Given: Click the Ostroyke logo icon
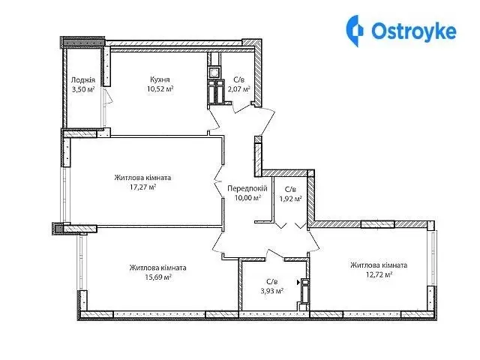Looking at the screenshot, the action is point(355,31).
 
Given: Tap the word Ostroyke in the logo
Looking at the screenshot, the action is point(414,31).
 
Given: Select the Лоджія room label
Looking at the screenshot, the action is point(83,80).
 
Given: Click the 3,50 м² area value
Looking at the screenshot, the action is point(83,89).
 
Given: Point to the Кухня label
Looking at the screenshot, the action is point(160,79).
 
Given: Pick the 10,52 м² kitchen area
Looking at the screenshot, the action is point(160,89).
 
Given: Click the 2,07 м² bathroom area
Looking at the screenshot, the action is point(239,89).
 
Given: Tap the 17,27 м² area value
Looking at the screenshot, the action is point(143,187).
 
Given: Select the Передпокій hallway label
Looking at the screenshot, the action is point(247,188).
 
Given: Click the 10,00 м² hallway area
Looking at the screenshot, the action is point(247,198).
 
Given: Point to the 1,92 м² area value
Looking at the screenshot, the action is point(290,198).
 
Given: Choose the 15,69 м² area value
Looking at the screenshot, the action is point(158,277).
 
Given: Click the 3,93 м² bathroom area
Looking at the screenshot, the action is point(271,291).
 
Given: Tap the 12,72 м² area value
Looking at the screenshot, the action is point(379,274).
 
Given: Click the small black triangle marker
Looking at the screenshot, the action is point(298,283).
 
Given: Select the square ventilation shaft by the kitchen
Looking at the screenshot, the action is point(214,73).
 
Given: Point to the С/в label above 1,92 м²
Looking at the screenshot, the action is point(290,189).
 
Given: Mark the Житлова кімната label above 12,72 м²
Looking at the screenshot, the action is point(379,265).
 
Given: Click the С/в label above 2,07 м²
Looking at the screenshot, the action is point(239,80).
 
